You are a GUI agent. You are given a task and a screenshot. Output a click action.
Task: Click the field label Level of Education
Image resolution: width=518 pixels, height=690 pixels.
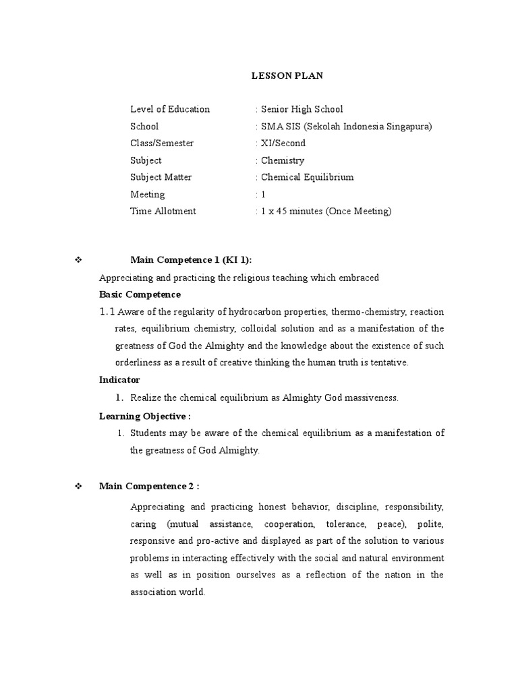pyautogui.click(x=170, y=109)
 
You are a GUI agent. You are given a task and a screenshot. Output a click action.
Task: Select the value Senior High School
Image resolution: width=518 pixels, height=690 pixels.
pyautogui.click(x=301, y=109)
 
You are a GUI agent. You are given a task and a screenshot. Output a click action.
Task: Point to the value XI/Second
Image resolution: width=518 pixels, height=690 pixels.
pyautogui.click(x=282, y=143)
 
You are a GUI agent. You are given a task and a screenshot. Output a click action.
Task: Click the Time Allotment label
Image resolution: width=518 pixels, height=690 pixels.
pyautogui.click(x=163, y=211)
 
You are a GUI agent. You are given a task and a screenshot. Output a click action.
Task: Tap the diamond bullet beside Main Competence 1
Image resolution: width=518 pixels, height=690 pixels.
pyautogui.click(x=78, y=261)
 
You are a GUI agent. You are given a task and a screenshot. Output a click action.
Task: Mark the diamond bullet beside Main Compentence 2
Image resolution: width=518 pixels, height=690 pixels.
pyautogui.click(x=78, y=486)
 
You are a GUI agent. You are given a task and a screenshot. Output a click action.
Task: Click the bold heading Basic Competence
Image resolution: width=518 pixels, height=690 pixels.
pyautogui.click(x=140, y=294)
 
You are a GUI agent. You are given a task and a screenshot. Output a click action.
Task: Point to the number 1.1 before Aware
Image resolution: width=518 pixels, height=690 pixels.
pyautogui.click(x=108, y=311)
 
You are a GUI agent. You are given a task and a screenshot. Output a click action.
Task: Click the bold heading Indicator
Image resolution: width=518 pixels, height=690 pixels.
pyautogui.click(x=119, y=379)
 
